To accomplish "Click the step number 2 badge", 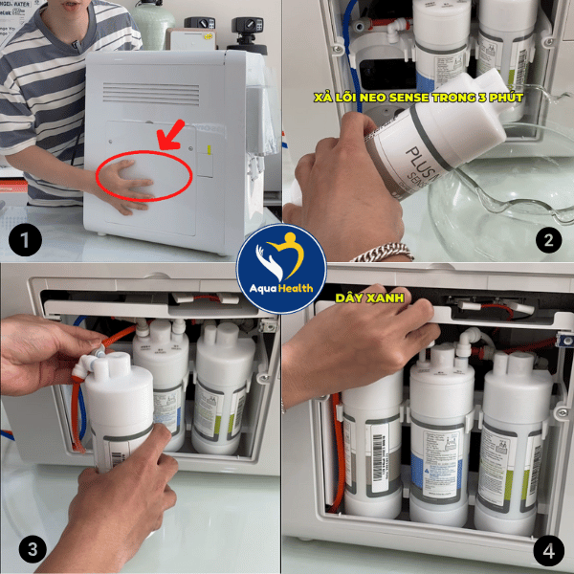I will [x=547, y=239].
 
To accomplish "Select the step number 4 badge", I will [x=548, y=550].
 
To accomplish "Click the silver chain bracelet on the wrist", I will [x=382, y=254].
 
